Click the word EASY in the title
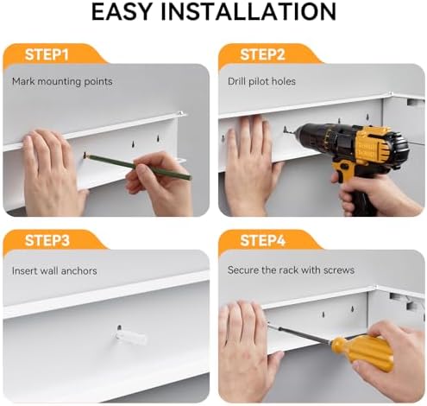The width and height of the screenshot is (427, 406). [x=122, y=11]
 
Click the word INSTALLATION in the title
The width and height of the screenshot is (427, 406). [x=248, y=11]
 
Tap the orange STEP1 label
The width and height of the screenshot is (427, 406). [x=47, y=54]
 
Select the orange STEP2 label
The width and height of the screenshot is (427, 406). [x=262, y=54]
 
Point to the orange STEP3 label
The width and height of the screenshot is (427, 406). [x=47, y=240]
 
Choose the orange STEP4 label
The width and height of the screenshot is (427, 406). [x=262, y=240]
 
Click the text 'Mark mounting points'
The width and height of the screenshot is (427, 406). [x=62, y=81]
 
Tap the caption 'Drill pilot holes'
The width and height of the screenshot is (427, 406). [x=261, y=81]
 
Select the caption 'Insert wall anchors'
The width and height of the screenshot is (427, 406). [x=54, y=271]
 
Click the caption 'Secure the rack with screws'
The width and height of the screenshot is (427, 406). [x=291, y=270]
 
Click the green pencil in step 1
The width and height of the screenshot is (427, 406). [x=138, y=167]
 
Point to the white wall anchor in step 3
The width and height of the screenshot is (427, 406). [x=130, y=338]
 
